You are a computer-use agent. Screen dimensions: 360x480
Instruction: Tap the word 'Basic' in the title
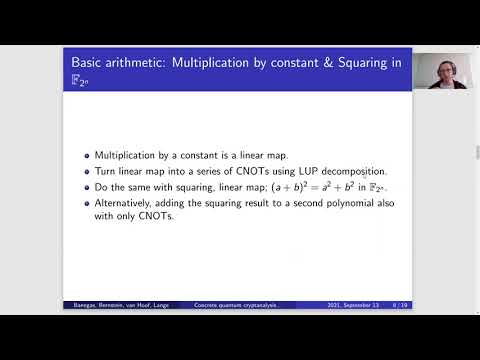[x=93, y=62]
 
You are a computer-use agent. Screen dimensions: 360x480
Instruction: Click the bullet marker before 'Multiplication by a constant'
[x=87, y=156]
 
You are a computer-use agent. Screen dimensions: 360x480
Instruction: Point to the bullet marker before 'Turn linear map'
[x=87, y=172]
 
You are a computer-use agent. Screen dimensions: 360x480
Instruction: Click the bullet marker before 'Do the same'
[x=87, y=188]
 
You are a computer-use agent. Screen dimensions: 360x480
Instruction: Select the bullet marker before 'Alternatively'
[x=87, y=205]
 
